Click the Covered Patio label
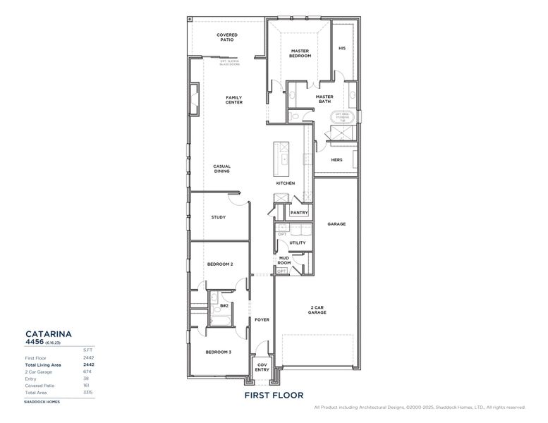point(226,37)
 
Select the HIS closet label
point(342,49)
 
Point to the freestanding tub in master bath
point(342,117)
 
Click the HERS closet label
point(336,160)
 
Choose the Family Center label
point(234,100)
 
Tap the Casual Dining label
point(222,169)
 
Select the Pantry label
point(298,212)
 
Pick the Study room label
point(219,217)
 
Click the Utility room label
point(298,243)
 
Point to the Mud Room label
point(284,261)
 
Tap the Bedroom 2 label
point(219,264)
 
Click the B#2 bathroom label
point(224,306)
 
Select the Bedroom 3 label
point(219,352)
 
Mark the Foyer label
point(262,319)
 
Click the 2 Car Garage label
point(317,310)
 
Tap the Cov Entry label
point(262,367)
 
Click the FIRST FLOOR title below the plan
point(274,396)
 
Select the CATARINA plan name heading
point(49,333)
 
